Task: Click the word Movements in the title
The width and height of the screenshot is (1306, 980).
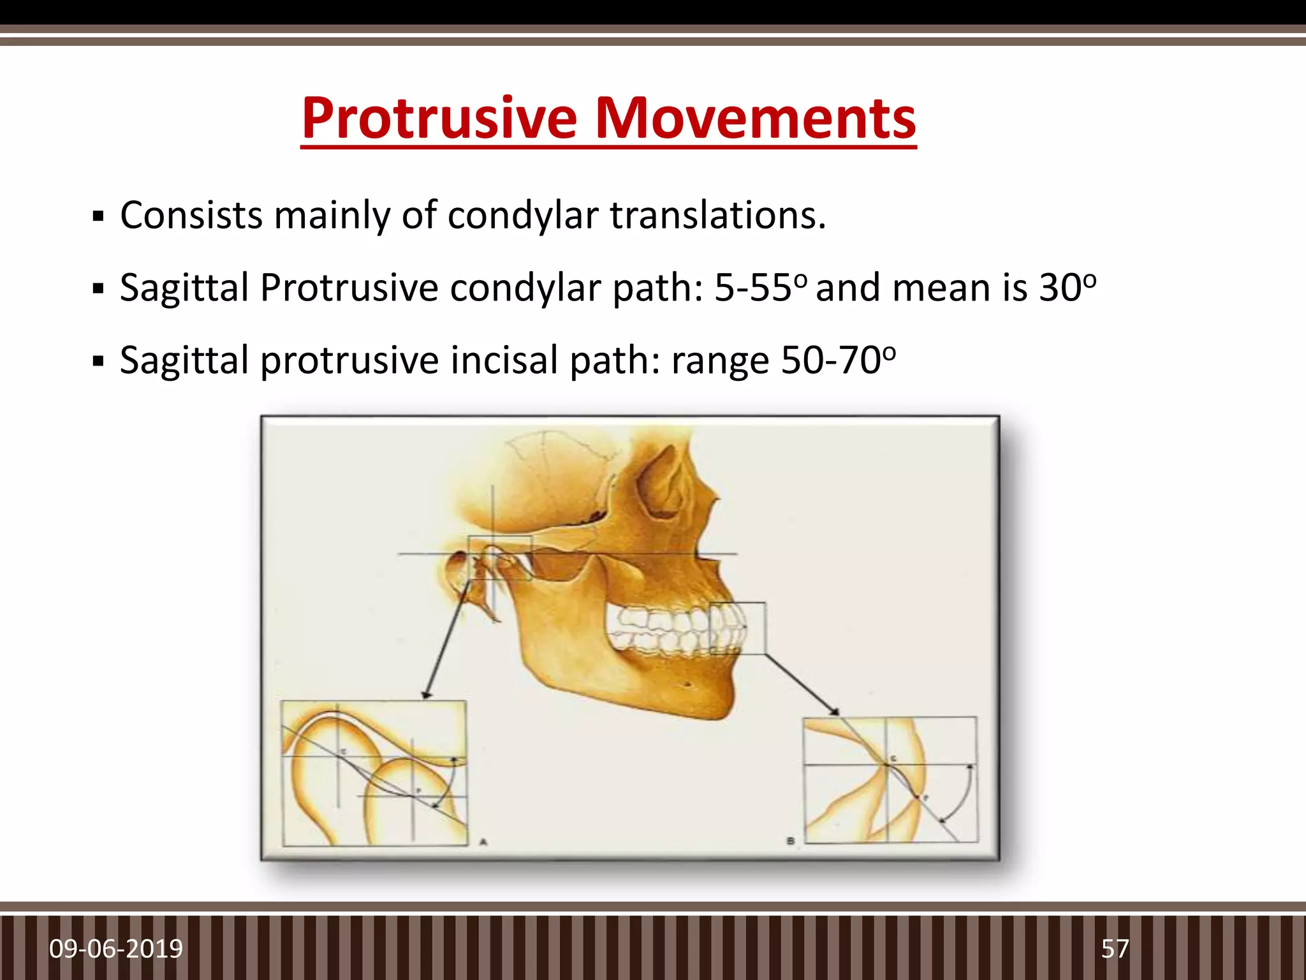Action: pos(755,118)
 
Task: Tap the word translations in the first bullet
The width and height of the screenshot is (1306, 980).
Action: pos(718,215)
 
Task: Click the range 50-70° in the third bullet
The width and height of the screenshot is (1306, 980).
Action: pos(839,360)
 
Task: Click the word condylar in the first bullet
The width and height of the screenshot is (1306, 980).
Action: pos(523,215)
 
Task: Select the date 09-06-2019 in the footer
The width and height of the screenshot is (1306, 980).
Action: pos(116,949)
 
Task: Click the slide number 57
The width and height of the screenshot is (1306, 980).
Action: pos(1115,949)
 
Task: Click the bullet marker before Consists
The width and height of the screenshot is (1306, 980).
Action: pos(98,216)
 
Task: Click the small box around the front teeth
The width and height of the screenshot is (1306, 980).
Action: pos(737,628)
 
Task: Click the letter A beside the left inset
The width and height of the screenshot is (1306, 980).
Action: pos(483,842)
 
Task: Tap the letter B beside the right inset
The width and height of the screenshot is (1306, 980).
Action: pos(790,841)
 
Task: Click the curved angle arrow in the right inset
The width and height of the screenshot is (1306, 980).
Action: pos(967,791)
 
